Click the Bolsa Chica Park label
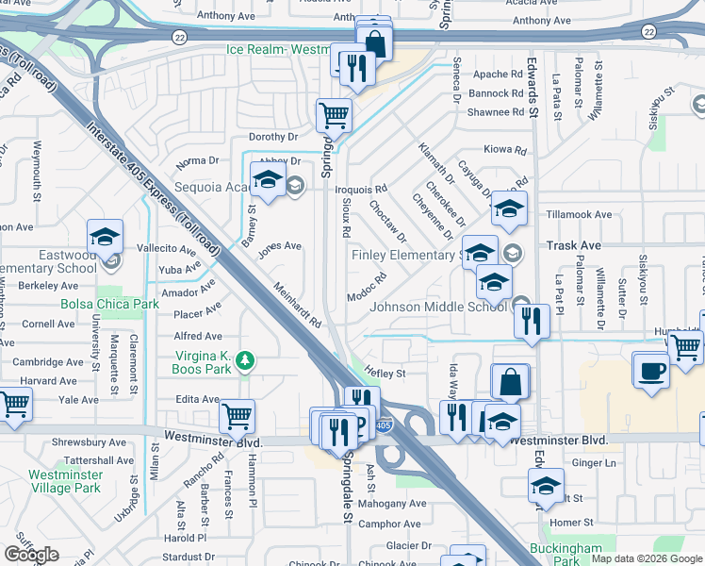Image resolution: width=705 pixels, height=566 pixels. tap(109, 305)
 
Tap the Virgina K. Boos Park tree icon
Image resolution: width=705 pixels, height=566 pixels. tap(245, 360)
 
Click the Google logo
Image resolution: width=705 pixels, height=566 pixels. tap(30, 556)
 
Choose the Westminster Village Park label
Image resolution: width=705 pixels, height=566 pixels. tap(64, 481)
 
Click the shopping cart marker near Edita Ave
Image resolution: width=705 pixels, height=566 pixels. tap(237, 415)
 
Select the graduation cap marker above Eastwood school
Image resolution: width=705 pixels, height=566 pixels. tap(105, 237)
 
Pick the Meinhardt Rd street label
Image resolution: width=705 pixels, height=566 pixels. tap(298, 306)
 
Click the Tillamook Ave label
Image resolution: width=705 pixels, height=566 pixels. tap(579, 214)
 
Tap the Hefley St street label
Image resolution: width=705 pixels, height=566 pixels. tap(385, 374)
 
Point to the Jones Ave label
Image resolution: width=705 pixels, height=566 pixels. tap(279, 246)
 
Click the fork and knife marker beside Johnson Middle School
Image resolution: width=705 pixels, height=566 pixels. tap(532, 321)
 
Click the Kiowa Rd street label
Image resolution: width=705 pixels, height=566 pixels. tap(504, 149)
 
